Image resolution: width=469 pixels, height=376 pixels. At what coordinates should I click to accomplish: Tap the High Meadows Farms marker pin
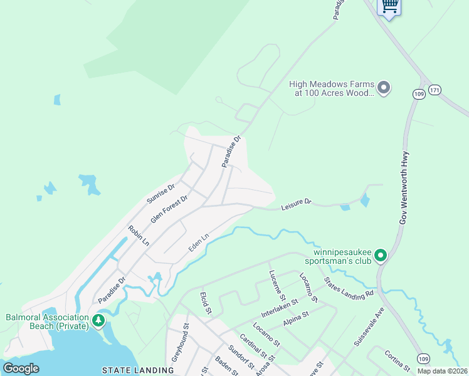click(x=384, y=87)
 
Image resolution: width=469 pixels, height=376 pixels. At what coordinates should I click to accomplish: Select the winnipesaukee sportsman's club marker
click(x=381, y=255)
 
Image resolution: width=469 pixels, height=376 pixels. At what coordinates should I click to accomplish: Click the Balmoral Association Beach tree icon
click(x=98, y=321)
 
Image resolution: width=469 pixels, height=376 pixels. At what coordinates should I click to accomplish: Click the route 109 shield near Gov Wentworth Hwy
click(x=418, y=94)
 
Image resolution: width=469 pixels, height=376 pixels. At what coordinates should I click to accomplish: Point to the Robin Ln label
click(x=139, y=236)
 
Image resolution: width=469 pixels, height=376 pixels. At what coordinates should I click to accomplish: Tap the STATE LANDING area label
click(x=138, y=370)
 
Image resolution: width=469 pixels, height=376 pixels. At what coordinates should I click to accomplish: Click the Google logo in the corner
click(x=21, y=368)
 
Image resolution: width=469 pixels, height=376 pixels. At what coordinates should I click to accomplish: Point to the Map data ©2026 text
click(x=443, y=371)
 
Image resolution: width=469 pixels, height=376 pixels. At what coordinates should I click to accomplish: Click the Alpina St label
click(x=296, y=319)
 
